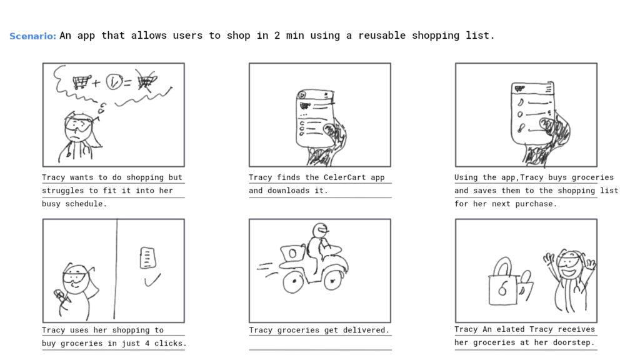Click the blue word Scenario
(32, 36)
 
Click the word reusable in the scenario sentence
(382, 36)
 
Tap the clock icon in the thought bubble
(114, 82)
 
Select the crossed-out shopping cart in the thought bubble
(146, 81)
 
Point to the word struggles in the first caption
(63, 191)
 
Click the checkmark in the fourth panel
(152, 280)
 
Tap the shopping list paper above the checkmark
(147, 257)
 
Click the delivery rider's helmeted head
(321, 230)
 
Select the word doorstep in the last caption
(576, 342)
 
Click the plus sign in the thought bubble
(96, 83)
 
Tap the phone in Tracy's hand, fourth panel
(60, 295)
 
